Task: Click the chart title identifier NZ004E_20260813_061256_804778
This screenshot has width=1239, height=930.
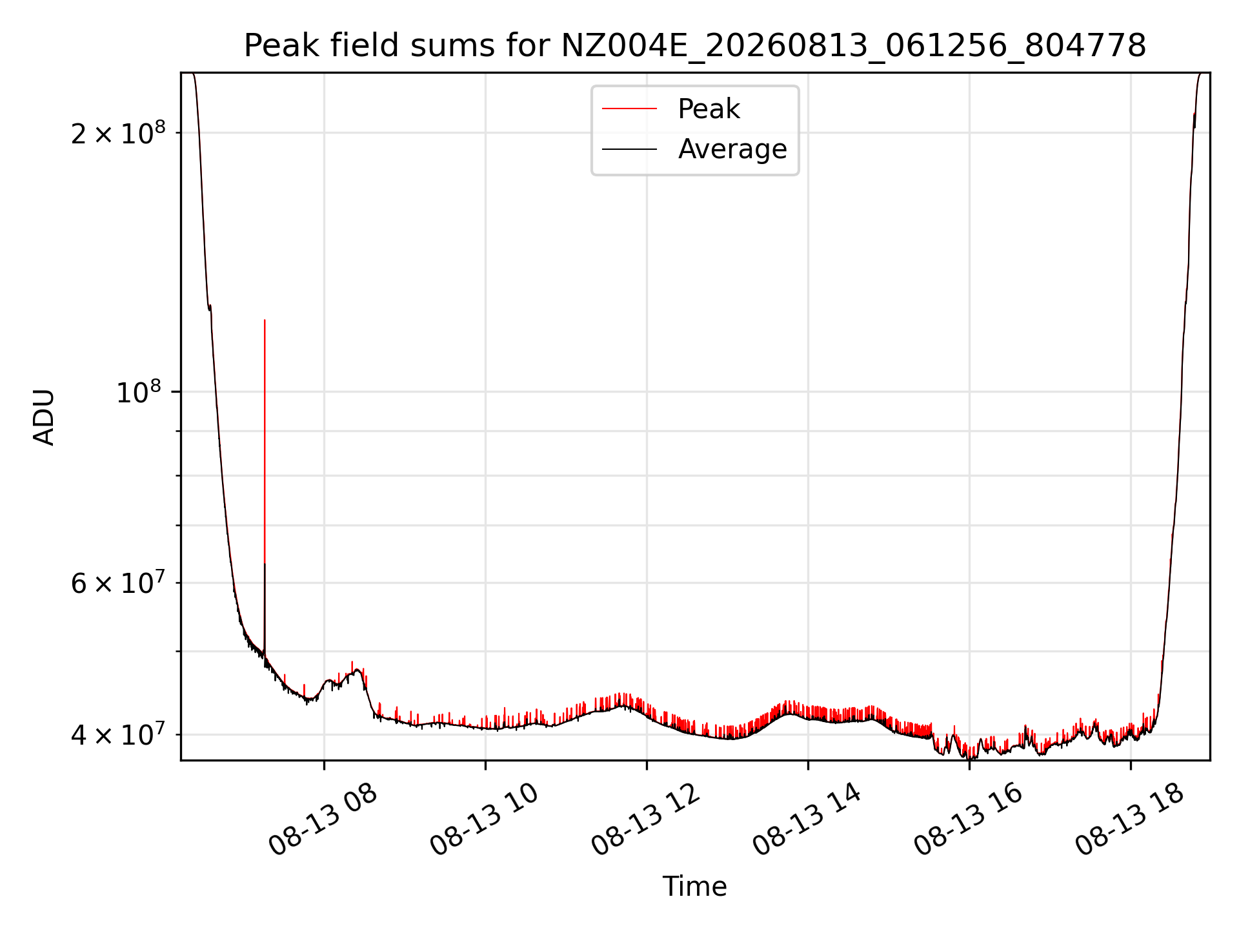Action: [854, 46]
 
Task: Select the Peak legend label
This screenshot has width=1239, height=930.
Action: [709, 109]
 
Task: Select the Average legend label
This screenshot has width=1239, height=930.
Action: [732, 149]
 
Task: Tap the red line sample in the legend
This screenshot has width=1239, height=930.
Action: [629, 109]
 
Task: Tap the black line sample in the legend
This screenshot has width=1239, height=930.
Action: [629, 149]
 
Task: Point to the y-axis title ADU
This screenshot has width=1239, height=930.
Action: [44, 417]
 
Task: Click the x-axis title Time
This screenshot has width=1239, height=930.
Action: [695, 887]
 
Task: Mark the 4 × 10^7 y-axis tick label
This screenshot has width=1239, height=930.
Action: [118, 734]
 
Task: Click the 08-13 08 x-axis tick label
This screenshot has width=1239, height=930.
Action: [323, 820]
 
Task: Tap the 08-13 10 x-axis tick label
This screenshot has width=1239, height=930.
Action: [484, 820]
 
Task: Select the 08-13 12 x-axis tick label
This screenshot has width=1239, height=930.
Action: [645, 820]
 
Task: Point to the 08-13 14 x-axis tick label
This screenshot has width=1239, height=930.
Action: [807, 820]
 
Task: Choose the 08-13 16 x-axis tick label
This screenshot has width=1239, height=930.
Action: [968, 820]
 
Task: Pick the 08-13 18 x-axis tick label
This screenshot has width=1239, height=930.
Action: [1129, 820]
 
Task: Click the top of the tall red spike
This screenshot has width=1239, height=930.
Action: [265, 320]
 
